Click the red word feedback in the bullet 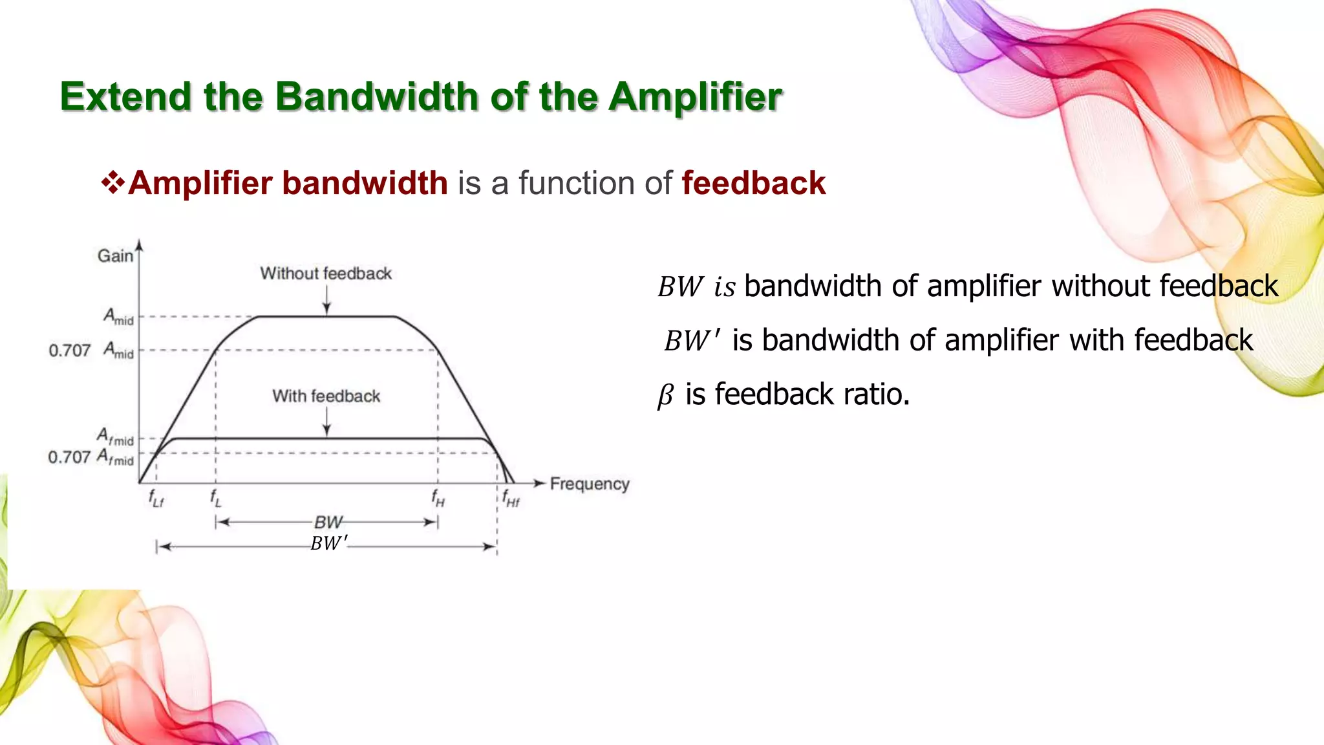point(753,183)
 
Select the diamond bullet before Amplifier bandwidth point(113,183)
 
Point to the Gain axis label point(115,256)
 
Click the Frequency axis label point(589,484)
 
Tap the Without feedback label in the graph point(326,274)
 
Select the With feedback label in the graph point(326,396)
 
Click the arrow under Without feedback point(326,300)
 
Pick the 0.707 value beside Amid point(69,351)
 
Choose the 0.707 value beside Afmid point(69,457)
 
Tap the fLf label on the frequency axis point(156,499)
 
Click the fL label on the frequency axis point(216,499)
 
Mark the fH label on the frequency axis point(438,499)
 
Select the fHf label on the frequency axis point(510,499)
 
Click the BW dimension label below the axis point(328,522)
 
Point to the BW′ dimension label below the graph point(328,543)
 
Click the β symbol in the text point(665,395)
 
